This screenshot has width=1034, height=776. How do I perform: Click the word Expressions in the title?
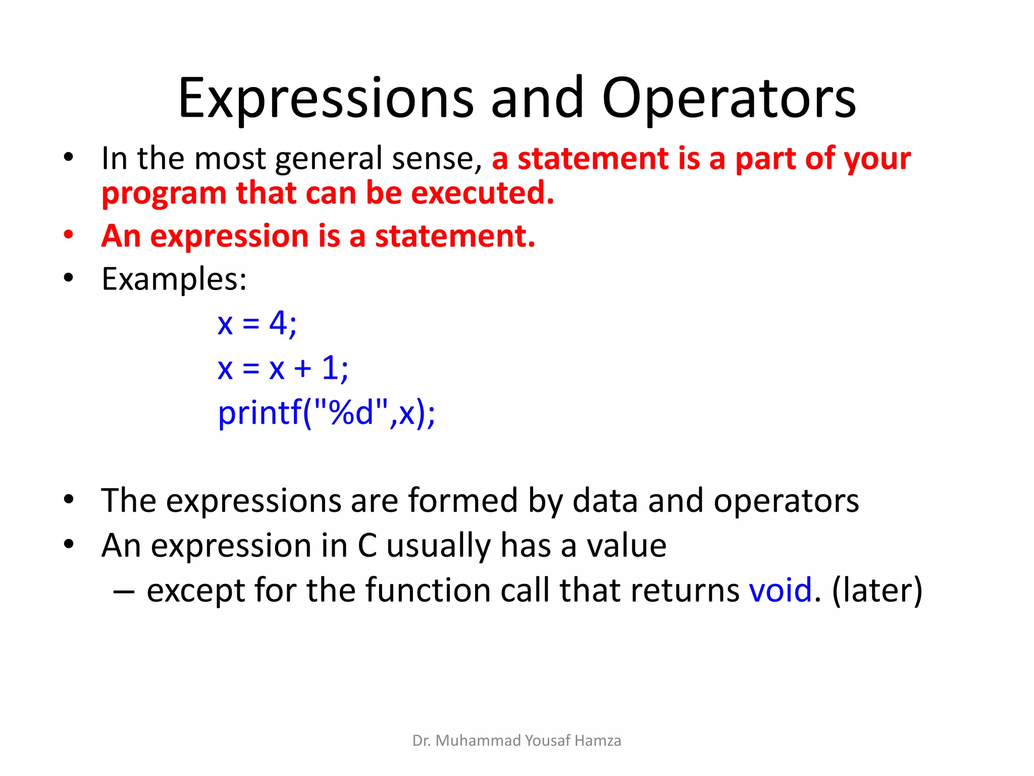pyautogui.click(x=326, y=99)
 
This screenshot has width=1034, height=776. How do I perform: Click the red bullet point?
pyautogui.click(x=69, y=235)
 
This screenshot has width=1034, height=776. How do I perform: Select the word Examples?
pyautogui.click(x=174, y=279)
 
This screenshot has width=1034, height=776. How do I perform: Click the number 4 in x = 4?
pyautogui.click(x=278, y=323)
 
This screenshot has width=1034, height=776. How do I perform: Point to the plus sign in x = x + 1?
pyautogui.click(x=302, y=368)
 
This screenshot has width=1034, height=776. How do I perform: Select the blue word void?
pyautogui.click(x=781, y=590)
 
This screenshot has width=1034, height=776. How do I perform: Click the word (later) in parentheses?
pyautogui.click(x=877, y=590)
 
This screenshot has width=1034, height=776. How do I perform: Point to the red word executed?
pyautogui.click(x=483, y=193)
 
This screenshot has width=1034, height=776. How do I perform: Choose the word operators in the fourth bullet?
pyautogui.click(x=786, y=501)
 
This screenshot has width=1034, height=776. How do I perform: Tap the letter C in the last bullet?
pyautogui.click(x=367, y=546)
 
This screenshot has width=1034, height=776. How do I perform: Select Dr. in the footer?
pyautogui.click(x=421, y=741)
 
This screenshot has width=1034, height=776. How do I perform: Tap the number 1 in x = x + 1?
pyautogui.click(x=330, y=367)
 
